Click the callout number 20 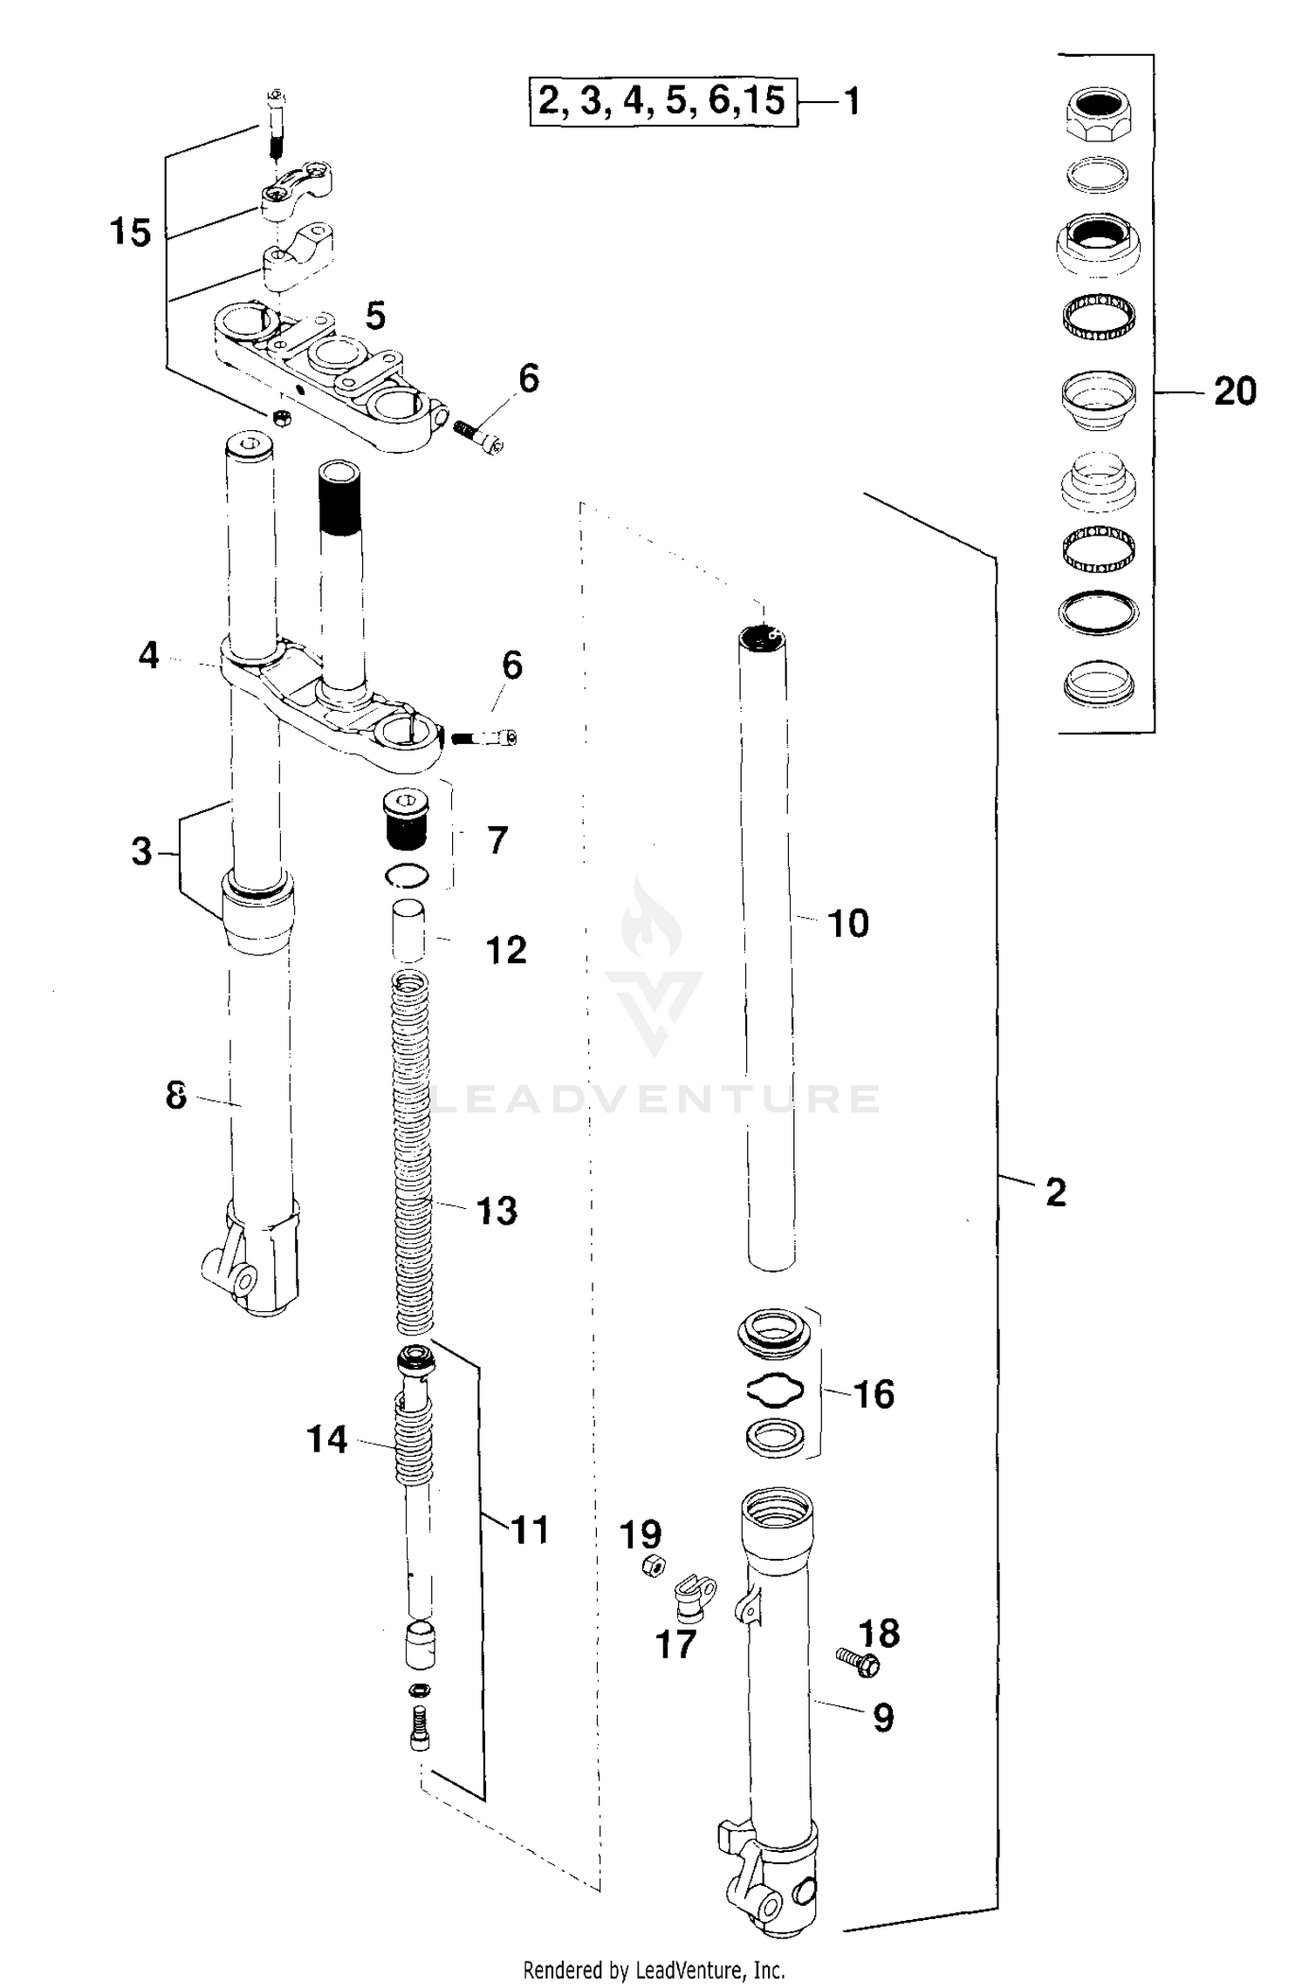1235,391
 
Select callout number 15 130,233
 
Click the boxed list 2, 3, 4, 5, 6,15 663,101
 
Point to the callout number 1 852,102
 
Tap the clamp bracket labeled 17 696,1595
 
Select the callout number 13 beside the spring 497,1210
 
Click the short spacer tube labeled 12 408,933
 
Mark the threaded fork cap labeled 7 406,822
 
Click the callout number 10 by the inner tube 847,923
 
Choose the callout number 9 883,1718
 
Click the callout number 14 327,1439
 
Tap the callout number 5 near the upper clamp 375,316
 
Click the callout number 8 176,1095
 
